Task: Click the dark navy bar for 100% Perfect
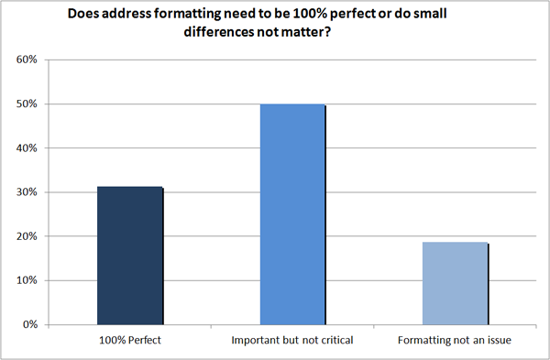[x=130, y=256]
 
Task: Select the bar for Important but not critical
[x=292, y=214]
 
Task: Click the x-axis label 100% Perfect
[x=129, y=341]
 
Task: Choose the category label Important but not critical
[x=292, y=341]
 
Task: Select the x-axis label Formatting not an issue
[x=456, y=341]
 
